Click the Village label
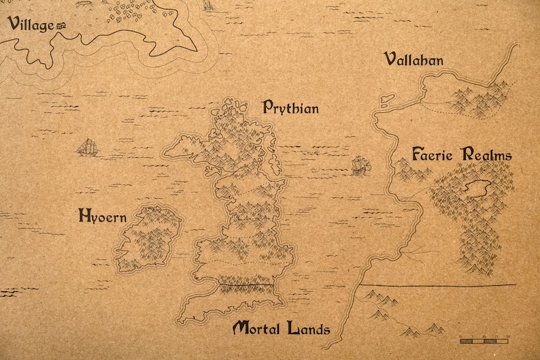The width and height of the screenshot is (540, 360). [x=31, y=26]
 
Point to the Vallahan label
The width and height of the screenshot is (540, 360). [x=414, y=60]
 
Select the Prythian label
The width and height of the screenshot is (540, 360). [x=290, y=108]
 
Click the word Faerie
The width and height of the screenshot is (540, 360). [x=433, y=154]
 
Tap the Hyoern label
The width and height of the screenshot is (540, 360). [x=102, y=217]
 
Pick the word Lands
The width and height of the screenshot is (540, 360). [x=308, y=329]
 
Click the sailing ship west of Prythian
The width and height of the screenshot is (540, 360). [x=87, y=146]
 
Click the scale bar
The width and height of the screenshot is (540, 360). [x=484, y=338]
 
